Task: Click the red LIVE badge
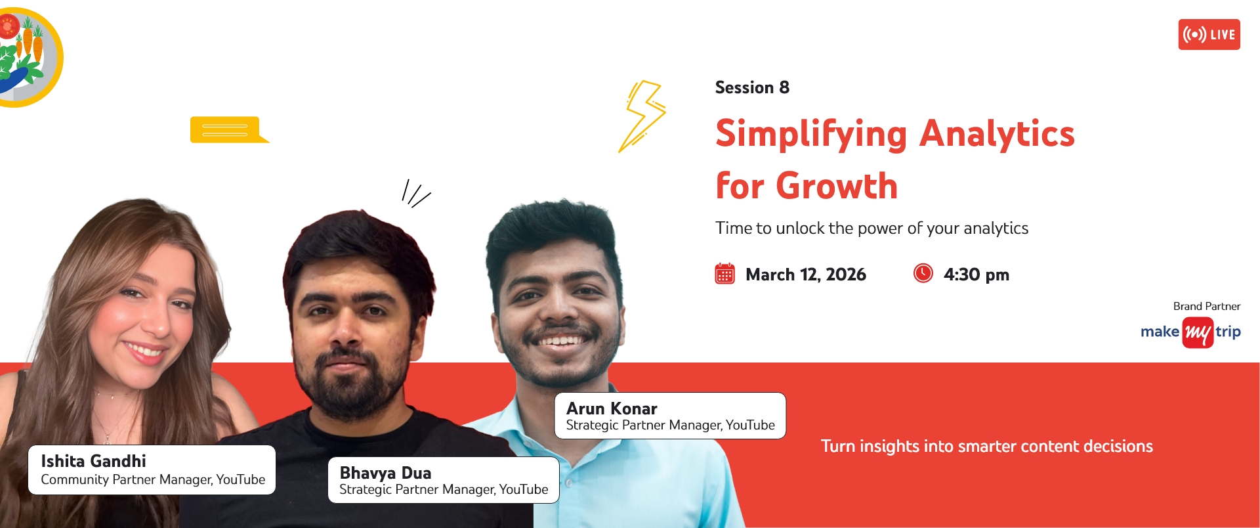pos(1209,34)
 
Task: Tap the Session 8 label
pos(752,87)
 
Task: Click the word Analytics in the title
pos(997,135)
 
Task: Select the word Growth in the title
pos(837,186)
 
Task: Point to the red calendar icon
pos(724,273)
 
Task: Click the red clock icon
pos(923,273)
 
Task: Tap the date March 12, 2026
pos(806,275)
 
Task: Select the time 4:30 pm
pos(976,275)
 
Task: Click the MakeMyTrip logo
pos(1190,332)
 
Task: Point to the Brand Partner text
pos(1207,306)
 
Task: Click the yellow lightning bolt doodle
pos(642,116)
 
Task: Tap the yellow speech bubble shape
pos(229,130)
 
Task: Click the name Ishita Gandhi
pos(93,461)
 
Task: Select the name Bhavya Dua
pos(385,473)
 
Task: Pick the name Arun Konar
pos(612,408)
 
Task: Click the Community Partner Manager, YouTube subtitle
pos(153,480)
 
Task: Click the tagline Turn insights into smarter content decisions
pos(987,447)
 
